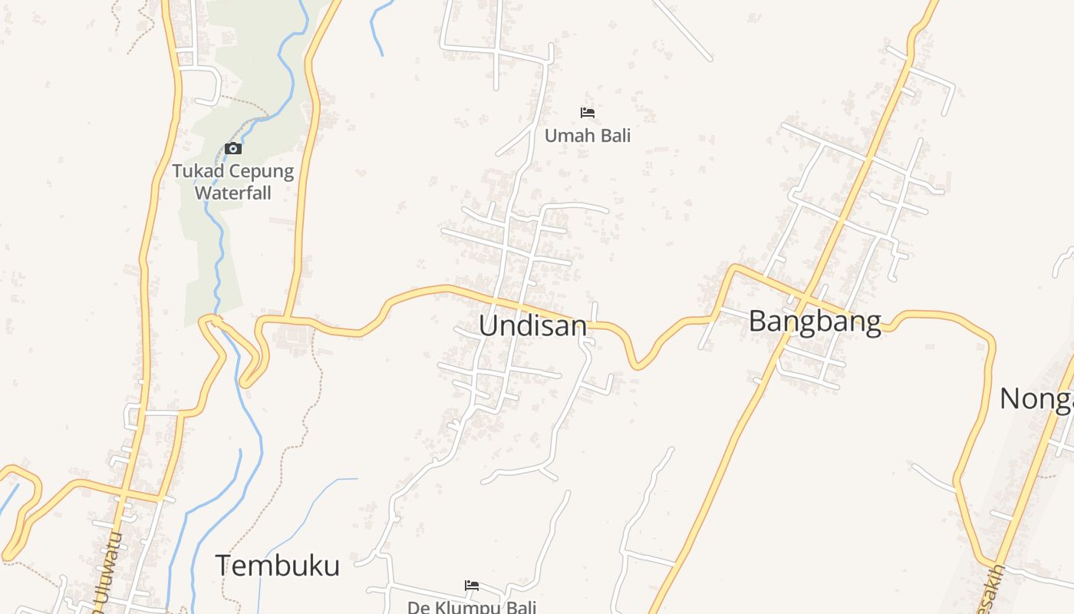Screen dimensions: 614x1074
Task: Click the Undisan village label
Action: pyautogui.click(x=532, y=325)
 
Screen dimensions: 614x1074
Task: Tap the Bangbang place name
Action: pyautogui.click(x=814, y=321)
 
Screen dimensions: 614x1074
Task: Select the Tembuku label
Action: pyautogui.click(x=277, y=566)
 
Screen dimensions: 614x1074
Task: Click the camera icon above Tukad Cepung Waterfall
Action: pyautogui.click(x=233, y=149)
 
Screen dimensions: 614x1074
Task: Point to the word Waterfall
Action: pyautogui.click(x=232, y=192)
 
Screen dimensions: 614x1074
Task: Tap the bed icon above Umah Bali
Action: pyautogui.click(x=588, y=113)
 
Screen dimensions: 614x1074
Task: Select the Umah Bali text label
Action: pyautogui.click(x=588, y=136)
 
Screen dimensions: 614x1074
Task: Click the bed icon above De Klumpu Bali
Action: pyautogui.click(x=472, y=586)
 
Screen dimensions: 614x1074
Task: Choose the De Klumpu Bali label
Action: pyautogui.click(x=471, y=607)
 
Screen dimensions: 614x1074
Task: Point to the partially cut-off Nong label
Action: pyautogui.click(x=1036, y=399)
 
